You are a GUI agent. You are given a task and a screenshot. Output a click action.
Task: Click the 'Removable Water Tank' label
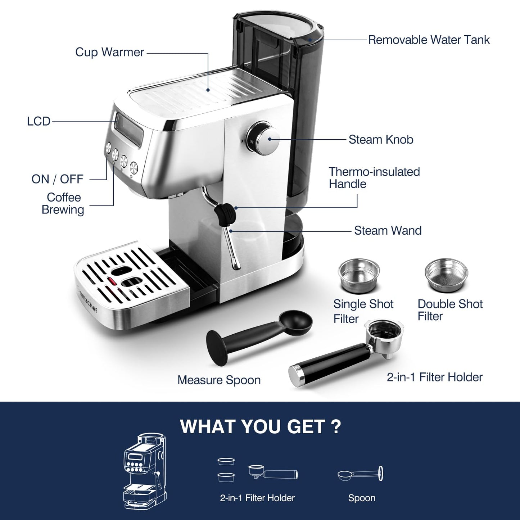(429, 40)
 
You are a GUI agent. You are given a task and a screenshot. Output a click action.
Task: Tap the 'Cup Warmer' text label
(109, 52)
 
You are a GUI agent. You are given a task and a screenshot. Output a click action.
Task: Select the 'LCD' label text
(39, 121)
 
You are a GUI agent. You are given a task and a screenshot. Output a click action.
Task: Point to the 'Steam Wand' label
(388, 231)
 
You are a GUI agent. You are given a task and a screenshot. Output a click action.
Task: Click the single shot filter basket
(359, 275)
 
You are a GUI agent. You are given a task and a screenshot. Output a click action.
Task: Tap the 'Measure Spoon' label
(219, 380)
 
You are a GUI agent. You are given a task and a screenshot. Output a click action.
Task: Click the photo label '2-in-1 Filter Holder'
(434, 377)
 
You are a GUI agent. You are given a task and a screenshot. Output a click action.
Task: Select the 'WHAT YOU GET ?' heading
(260, 426)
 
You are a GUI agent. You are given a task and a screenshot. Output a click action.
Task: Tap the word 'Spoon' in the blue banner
(362, 498)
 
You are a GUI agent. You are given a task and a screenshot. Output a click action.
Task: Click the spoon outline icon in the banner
(360, 474)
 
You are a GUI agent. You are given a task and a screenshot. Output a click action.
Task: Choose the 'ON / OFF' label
(57, 179)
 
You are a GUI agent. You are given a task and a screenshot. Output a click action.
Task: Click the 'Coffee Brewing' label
(63, 204)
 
